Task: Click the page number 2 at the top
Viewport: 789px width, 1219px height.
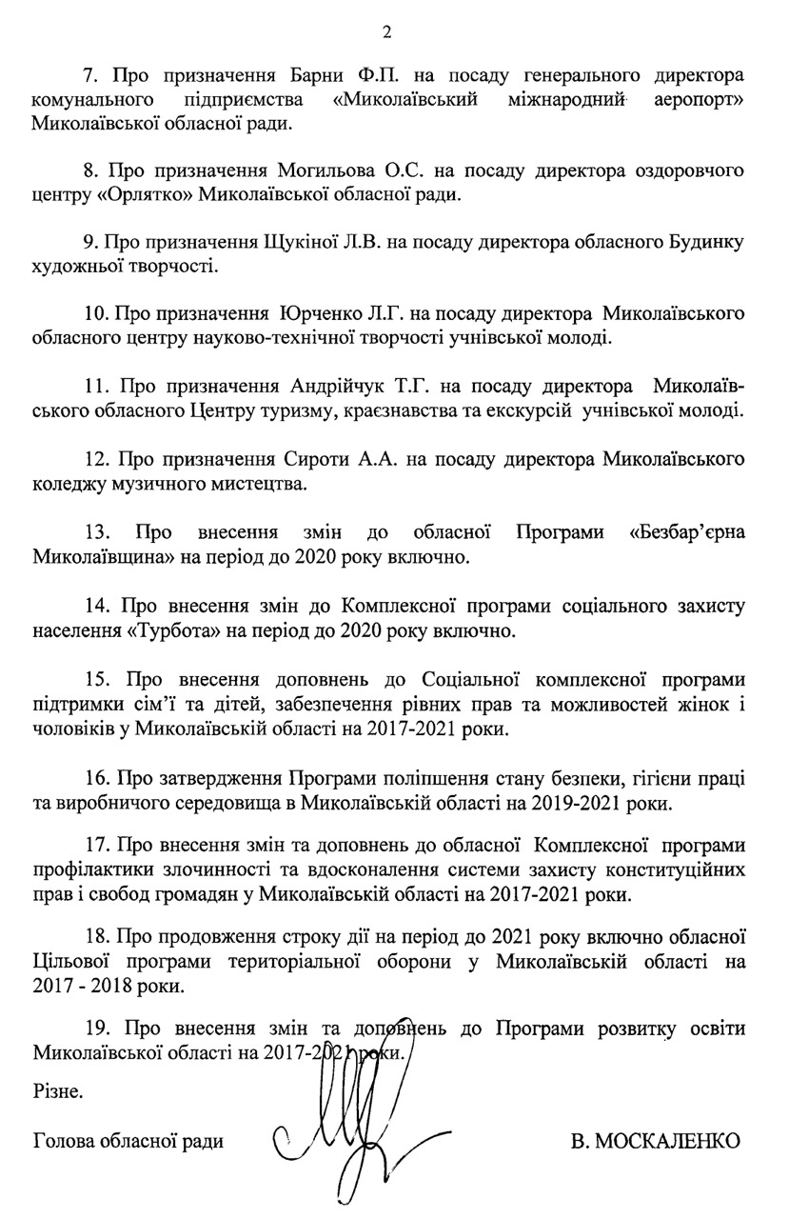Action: (x=386, y=30)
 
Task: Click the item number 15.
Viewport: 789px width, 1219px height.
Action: (x=96, y=679)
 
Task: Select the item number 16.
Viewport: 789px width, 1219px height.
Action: (x=96, y=778)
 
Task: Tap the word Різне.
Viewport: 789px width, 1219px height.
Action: (x=57, y=1089)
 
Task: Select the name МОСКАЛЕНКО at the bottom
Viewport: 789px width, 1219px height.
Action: (x=656, y=1140)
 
